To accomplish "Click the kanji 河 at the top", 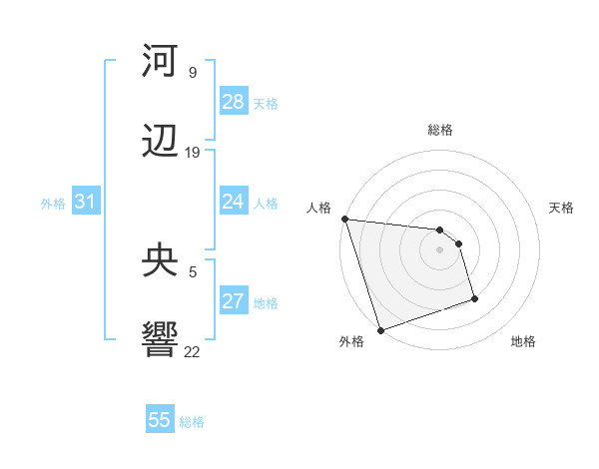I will pos(160,62).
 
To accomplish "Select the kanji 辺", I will pos(160,142).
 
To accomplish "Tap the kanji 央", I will pos(160,261).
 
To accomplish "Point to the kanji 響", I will pos(160,339).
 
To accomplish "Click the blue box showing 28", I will pos(234,102).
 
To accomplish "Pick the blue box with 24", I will pos(234,203).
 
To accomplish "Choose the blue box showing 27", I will pos(234,302).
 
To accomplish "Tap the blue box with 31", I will pos(86,203).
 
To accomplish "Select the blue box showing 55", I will pos(160,420).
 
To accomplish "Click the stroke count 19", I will pos(193,153).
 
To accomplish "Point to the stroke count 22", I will pos(193,351).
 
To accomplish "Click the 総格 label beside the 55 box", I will pos(192,422).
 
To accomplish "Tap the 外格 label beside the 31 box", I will pos(53,204).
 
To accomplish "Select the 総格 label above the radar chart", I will pos(440,130).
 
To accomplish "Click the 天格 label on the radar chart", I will pos(561,208).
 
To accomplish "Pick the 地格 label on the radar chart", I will pos(523,341).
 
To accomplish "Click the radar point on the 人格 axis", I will pos(344,219).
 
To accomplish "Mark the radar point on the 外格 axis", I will pos(380,329).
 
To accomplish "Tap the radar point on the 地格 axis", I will pos(474,298).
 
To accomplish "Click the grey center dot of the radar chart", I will pos(440,249).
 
